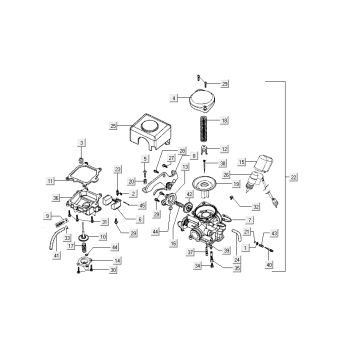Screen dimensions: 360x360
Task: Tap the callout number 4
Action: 175,98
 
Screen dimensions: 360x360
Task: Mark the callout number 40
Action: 269,266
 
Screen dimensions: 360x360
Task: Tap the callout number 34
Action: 198,267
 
